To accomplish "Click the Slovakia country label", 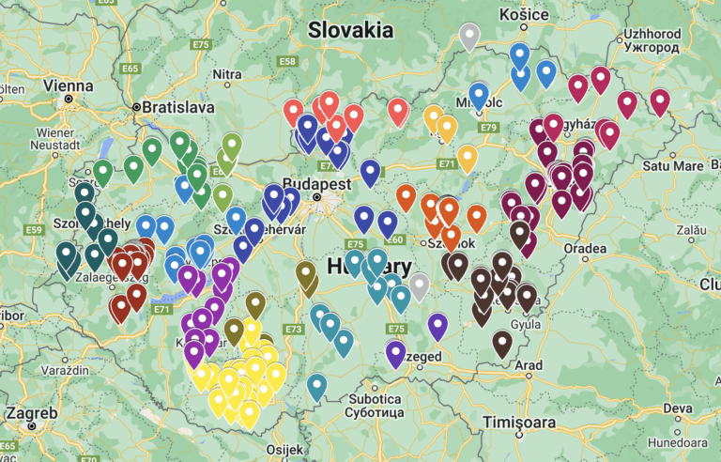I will pyautogui.click(x=351, y=30).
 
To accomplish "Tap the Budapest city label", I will pyautogui.click(x=314, y=185).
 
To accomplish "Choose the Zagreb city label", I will pyautogui.click(x=31, y=413).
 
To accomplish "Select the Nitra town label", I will pyautogui.click(x=227, y=73).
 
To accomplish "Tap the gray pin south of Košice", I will pyautogui.click(x=469, y=36).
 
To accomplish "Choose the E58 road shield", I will pyautogui.click(x=287, y=62).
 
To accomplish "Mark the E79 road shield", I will pyautogui.click(x=487, y=127).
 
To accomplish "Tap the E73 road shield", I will pyautogui.click(x=294, y=330).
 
